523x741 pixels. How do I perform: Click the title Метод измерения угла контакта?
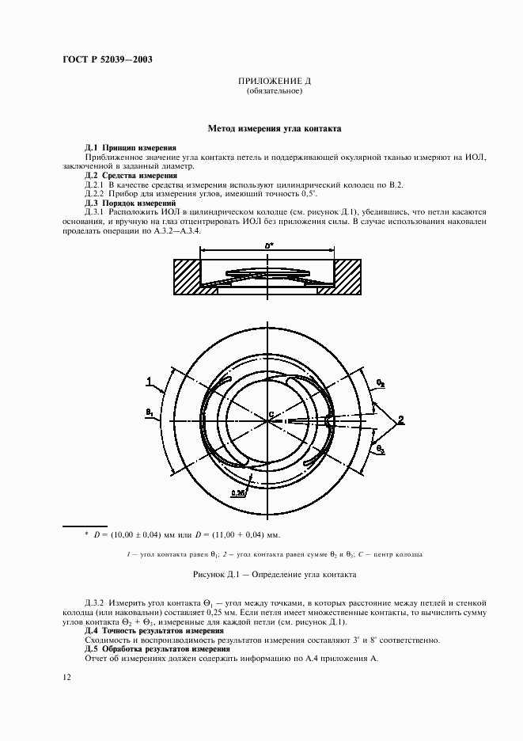(x=274, y=127)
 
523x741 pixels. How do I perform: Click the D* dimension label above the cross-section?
(x=269, y=247)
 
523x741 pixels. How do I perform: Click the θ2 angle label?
(x=381, y=382)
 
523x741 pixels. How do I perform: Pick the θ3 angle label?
(x=381, y=449)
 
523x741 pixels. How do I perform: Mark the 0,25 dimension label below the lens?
(x=237, y=492)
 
